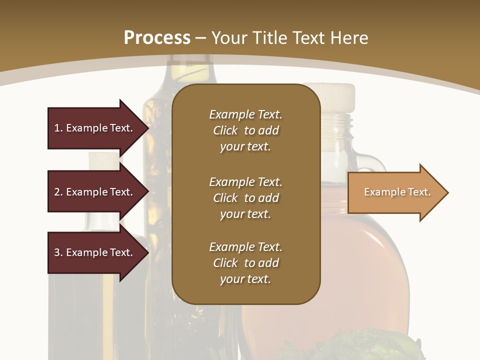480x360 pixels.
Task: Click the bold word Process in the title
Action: coord(157,38)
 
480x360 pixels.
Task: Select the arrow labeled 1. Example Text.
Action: coord(95,128)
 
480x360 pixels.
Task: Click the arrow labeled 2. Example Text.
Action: coord(95,192)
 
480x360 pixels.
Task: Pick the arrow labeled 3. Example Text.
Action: coord(95,252)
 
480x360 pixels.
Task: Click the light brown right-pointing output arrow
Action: coord(395,192)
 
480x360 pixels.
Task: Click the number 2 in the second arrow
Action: coord(57,192)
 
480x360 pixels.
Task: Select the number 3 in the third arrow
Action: coord(57,252)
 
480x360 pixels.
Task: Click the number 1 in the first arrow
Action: coord(57,128)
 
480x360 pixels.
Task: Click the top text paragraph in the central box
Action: coord(245,130)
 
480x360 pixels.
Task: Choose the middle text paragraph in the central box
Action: coord(245,198)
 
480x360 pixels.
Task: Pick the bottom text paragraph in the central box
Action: coord(245,263)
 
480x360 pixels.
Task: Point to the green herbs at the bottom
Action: coord(380,347)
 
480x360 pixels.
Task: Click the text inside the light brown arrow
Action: coord(397,192)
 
